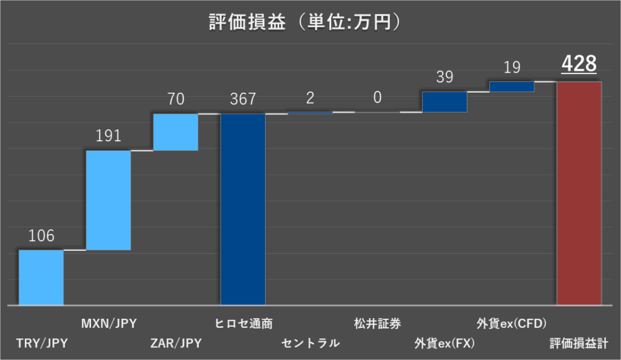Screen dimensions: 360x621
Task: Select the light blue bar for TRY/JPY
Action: point(41,277)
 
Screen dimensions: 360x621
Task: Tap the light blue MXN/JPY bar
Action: point(109,200)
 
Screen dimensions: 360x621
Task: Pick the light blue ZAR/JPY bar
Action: point(176,132)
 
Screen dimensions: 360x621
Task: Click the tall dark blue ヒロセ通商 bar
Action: point(243,209)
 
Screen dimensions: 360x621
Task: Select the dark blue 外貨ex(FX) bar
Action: point(445,102)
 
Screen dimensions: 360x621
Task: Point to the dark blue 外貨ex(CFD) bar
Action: point(512,87)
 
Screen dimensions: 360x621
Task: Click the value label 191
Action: point(109,136)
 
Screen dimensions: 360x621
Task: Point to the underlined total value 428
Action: point(579,64)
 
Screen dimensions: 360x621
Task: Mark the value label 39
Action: point(445,78)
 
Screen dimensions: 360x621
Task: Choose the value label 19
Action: point(512,67)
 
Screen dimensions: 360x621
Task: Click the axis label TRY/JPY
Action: point(42,344)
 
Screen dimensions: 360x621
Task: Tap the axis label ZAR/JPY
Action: point(176,344)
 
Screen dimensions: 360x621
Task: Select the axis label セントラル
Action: point(310,344)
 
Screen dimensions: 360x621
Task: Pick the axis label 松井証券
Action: point(377,323)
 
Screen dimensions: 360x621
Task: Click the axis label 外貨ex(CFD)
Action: point(512,323)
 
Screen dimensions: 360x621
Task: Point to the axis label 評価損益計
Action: point(579,344)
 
